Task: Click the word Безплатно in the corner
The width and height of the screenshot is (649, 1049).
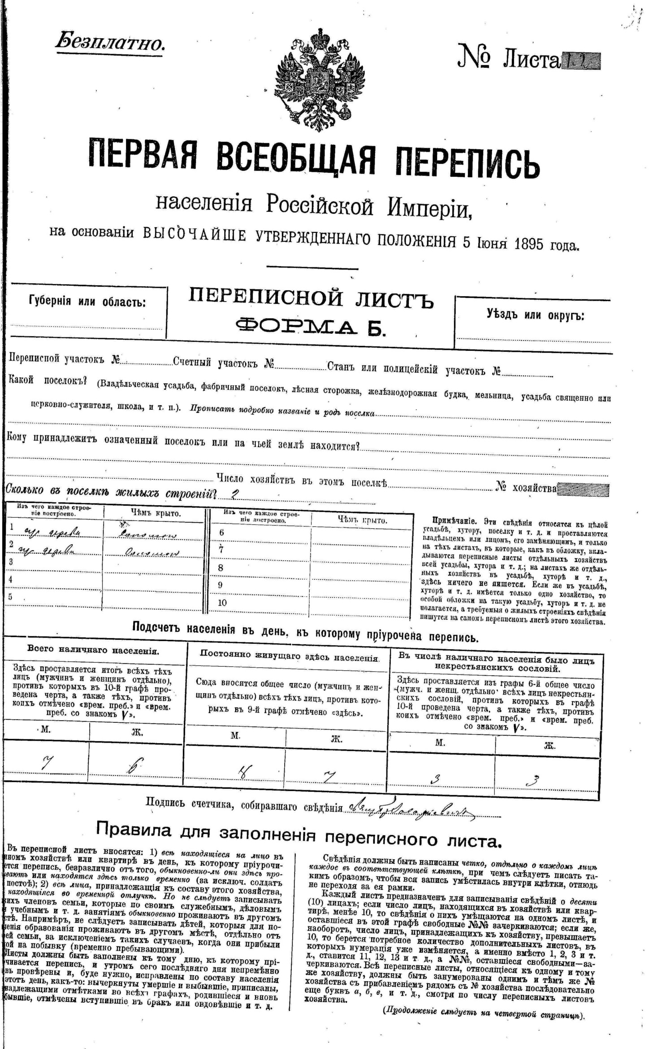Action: coord(110,42)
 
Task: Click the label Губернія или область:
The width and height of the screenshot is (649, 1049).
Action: coord(87,302)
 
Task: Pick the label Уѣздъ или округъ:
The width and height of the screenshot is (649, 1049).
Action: coord(535,315)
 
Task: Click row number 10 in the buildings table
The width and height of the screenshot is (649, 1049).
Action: coord(223,603)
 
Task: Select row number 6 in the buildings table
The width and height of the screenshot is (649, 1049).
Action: coord(221,533)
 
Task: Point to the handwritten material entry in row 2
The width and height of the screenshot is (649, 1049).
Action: coord(47,551)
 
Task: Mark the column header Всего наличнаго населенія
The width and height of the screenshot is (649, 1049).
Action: coord(93,651)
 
